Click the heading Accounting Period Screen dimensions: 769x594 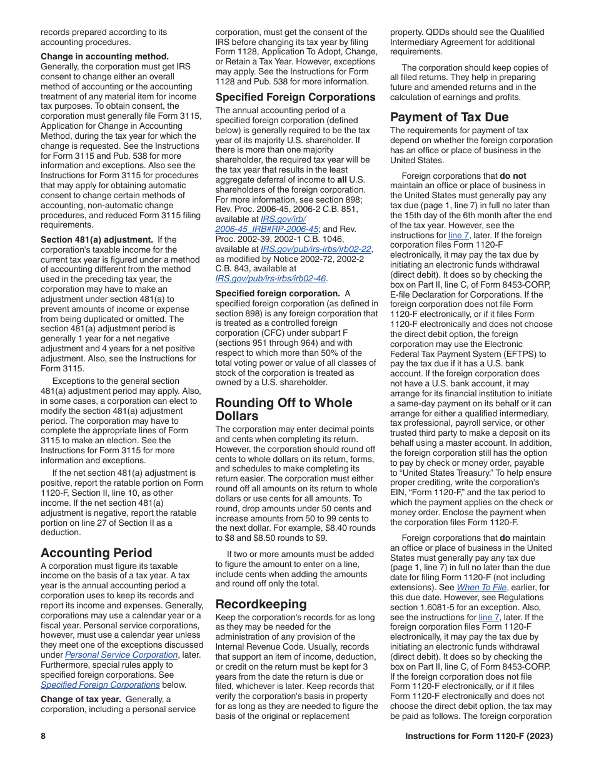[x=96, y=553]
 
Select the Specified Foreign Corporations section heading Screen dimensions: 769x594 [x=295, y=97]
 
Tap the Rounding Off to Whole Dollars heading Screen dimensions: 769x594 [x=284, y=409]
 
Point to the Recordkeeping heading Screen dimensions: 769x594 [x=261, y=604]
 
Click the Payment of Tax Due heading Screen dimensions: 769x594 [x=449, y=117]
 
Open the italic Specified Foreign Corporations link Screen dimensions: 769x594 [x=100, y=685]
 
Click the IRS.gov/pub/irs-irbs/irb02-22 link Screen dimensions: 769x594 [x=316, y=249]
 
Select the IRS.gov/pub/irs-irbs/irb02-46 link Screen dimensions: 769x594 [x=270, y=279]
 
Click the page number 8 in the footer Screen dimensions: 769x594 [x=43, y=736]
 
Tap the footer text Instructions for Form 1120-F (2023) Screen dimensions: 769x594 [x=478, y=736]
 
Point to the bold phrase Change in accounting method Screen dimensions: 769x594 [x=104, y=56]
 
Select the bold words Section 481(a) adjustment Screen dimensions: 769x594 [x=96, y=239]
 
